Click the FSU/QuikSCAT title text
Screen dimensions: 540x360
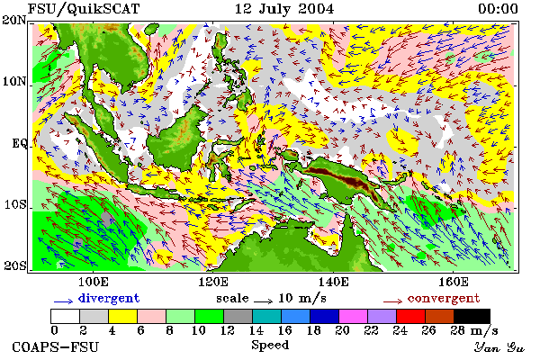(x=84, y=9)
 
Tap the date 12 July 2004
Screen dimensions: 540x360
(x=284, y=9)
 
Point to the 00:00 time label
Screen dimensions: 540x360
(x=498, y=9)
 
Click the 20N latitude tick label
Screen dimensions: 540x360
(x=14, y=20)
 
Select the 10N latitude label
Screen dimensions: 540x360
(x=14, y=82)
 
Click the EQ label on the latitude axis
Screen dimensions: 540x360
(x=20, y=143)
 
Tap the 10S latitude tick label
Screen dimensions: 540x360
(x=15, y=204)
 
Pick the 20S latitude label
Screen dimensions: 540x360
(x=14, y=265)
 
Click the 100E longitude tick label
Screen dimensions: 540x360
(x=94, y=282)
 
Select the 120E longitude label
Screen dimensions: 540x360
(x=213, y=282)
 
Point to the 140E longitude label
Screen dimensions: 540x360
(x=333, y=282)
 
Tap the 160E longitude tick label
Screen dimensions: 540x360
(x=454, y=282)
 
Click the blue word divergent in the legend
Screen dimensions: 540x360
(x=109, y=298)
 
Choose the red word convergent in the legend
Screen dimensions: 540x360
(x=444, y=298)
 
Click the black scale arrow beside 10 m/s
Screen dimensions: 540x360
(x=264, y=301)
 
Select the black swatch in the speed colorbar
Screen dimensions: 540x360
(x=472, y=316)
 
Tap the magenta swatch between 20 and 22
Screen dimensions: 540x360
(x=354, y=316)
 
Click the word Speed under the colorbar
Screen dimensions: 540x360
(x=270, y=346)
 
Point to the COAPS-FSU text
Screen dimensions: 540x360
(x=56, y=346)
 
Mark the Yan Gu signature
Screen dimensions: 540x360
(x=499, y=347)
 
